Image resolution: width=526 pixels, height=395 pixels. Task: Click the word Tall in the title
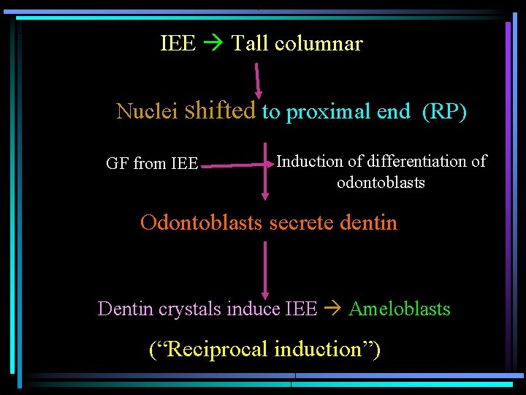pyautogui.click(x=250, y=44)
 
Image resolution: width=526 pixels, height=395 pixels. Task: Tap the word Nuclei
pyautogui.click(x=147, y=112)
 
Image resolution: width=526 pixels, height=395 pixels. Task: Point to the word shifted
pyautogui.click(x=220, y=110)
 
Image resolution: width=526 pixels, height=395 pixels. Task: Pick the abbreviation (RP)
pyautogui.click(x=444, y=112)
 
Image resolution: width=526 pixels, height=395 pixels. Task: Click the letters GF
pyautogui.click(x=117, y=164)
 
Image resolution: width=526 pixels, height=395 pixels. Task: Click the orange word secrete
pyautogui.click(x=302, y=222)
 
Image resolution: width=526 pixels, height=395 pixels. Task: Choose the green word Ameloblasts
pyautogui.click(x=400, y=309)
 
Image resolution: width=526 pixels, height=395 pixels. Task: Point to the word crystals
pyautogui.click(x=188, y=309)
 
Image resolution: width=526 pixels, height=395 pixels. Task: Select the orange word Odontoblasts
pyautogui.click(x=202, y=222)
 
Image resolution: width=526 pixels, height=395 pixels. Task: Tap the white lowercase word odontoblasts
pyautogui.click(x=381, y=182)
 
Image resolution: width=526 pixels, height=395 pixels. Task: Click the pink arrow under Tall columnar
pyautogui.click(x=258, y=79)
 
